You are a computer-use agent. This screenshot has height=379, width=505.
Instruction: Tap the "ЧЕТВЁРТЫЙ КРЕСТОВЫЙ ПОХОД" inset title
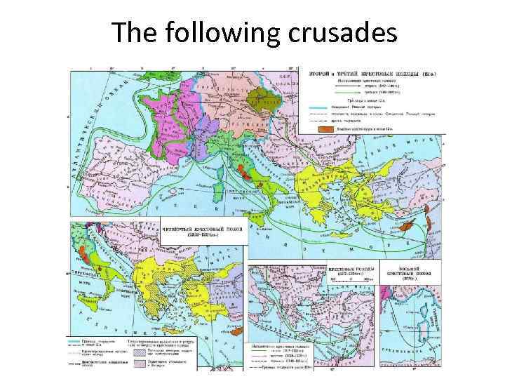point(203,231)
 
